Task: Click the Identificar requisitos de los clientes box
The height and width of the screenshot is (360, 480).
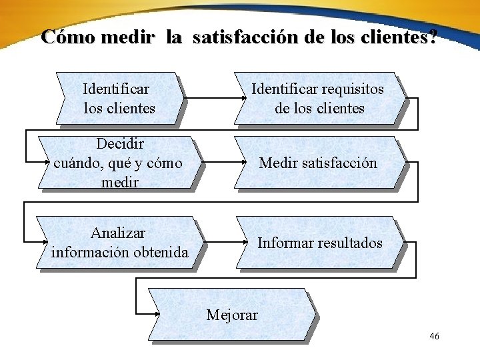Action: [319, 98]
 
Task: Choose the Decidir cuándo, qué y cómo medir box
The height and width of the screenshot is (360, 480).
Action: [119, 163]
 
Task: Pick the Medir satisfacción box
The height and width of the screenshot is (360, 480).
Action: [318, 163]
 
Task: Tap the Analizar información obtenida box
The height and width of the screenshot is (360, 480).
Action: [119, 243]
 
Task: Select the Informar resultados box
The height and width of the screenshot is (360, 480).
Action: [319, 243]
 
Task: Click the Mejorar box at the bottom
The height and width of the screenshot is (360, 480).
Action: [230, 314]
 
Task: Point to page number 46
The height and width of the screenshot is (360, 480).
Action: [435, 336]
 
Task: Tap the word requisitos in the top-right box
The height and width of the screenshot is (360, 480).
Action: [353, 89]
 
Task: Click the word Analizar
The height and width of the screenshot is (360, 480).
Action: [118, 233]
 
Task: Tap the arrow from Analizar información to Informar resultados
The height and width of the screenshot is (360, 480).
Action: [221, 243]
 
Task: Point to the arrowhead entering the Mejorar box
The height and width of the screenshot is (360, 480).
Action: [157, 313]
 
